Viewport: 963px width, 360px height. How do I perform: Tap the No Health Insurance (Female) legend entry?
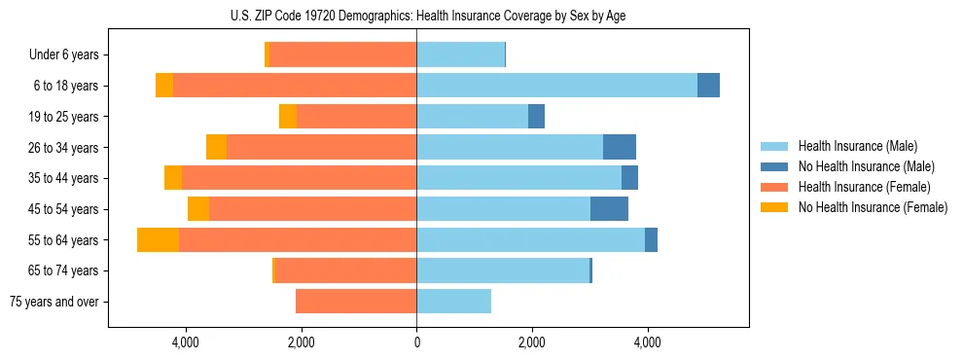(873, 207)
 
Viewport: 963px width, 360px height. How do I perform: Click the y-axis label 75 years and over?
(54, 302)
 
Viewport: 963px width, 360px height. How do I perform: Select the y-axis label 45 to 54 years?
(61, 209)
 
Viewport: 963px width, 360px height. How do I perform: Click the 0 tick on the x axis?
(416, 342)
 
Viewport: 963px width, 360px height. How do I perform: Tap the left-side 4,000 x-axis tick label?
(186, 342)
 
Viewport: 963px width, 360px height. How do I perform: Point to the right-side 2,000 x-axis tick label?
(532, 342)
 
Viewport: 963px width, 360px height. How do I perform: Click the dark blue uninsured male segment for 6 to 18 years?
(708, 86)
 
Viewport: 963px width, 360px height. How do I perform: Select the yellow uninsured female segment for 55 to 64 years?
(158, 239)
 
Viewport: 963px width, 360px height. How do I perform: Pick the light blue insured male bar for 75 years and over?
(453, 302)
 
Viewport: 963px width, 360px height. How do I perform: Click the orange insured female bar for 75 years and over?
(356, 302)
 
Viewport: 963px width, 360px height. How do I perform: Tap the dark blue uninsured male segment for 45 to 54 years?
(609, 209)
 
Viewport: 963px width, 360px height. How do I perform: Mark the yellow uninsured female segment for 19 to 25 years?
(288, 117)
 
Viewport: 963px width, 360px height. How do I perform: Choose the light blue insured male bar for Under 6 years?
(460, 55)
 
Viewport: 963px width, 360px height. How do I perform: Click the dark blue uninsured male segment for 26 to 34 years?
(620, 147)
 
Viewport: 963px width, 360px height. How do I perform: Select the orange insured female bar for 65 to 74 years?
(346, 270)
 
